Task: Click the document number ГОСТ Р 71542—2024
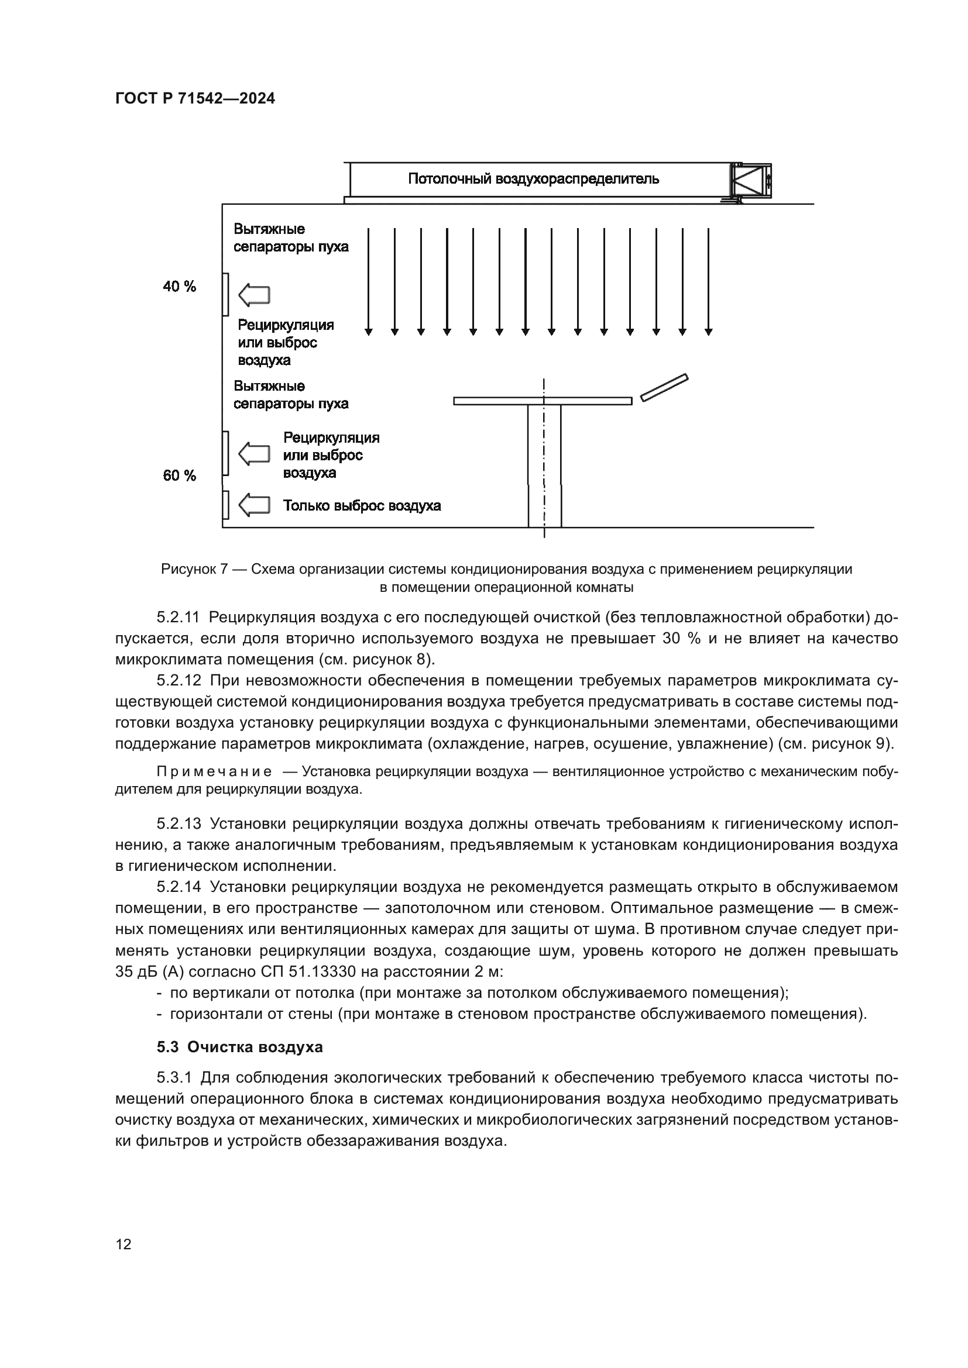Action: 195,99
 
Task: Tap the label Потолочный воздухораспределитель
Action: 534,179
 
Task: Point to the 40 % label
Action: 180,287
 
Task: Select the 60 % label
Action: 180,475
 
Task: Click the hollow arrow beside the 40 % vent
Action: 254,295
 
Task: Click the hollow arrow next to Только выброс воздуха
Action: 254,505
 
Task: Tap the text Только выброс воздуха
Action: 362,506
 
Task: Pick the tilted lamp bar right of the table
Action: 664,387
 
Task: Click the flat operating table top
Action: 543,401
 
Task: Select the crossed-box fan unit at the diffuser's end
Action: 751,180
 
